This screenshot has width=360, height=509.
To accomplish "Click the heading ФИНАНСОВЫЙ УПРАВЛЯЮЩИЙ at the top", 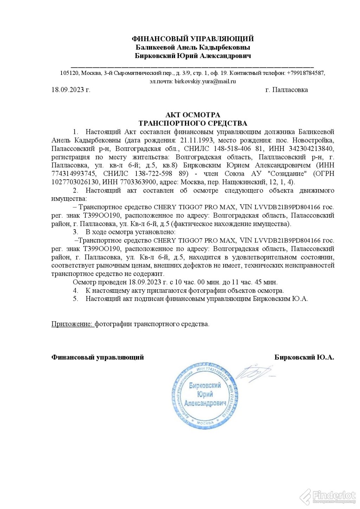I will coord(193,39).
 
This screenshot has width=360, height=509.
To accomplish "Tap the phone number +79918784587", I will coord(306,73).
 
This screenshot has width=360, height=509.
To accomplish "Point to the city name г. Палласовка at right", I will coord(287,90).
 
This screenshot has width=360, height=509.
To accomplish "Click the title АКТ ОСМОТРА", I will coord(193,115).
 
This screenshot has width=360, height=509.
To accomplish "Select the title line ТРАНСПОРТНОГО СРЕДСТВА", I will coord(193,123).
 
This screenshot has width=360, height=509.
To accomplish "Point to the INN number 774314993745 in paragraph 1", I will coord(73,174).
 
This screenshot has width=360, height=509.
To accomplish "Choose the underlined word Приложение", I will coord(72,324).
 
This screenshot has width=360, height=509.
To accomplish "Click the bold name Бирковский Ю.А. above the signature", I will coord(304,357).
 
